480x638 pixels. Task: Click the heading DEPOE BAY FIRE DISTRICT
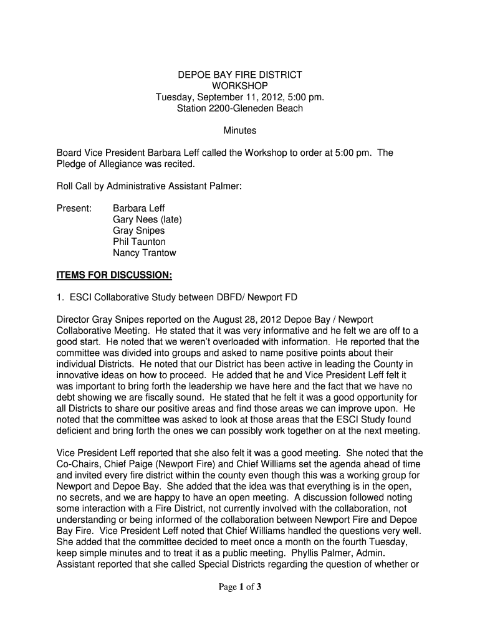click(240, 75)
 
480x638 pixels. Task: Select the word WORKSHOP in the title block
click(240, 86)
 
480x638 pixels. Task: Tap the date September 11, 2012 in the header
click(232, 97)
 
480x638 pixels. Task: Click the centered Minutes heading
click(240, 131)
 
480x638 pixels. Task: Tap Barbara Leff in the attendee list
click(139, 208)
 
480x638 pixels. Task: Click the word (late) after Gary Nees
click(171, 219)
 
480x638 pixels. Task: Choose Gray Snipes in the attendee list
click(139, 231)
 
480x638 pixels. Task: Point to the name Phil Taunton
click(139, 242)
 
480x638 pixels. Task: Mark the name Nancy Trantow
click(145, 253)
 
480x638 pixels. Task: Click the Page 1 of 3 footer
click(240, 587)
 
